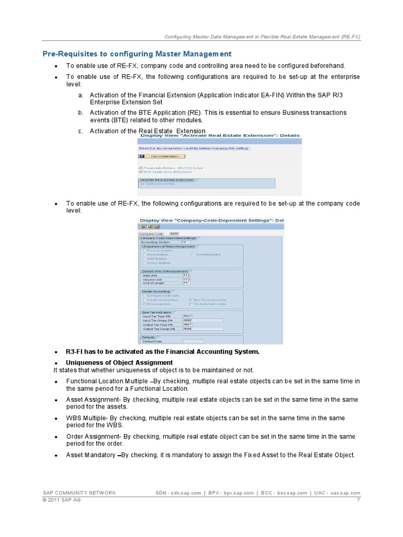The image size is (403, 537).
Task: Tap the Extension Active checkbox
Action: (142, 184)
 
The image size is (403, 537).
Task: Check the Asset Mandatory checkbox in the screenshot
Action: (193, 254)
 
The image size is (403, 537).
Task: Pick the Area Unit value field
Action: (186, 275)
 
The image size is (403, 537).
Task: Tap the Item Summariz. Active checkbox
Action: (192, 300)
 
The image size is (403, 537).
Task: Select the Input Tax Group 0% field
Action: (203, 320)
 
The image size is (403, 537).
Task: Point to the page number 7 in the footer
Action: (358, 500)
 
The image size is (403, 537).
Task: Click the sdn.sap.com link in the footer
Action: (186, 493)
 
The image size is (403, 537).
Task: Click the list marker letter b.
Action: (81, 113)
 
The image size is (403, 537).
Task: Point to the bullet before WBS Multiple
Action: (56, 418)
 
